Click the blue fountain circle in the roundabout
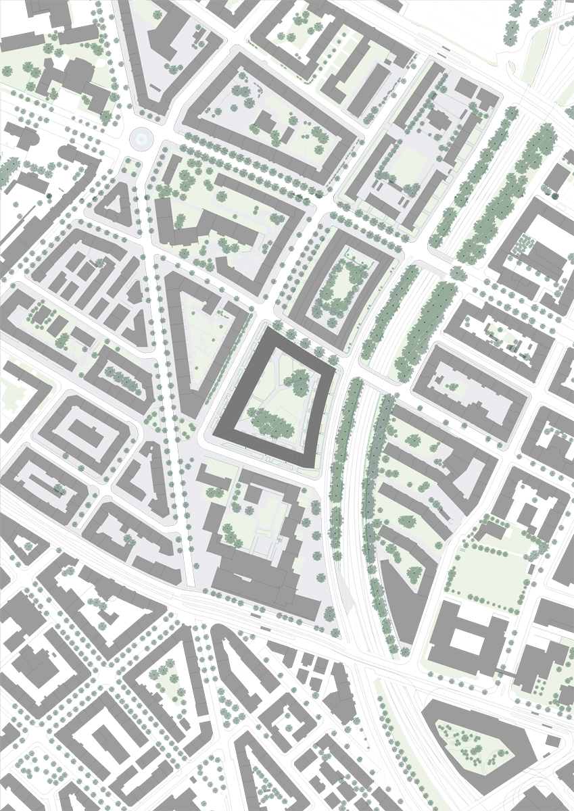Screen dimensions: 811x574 point(140,139)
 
